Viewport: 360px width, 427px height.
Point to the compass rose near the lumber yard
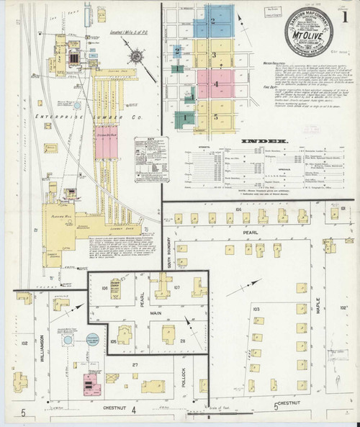pyautogui.click(x=138, y=55)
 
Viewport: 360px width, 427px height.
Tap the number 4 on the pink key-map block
pyautogui.click(x=215, y=84)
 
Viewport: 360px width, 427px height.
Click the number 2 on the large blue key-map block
pyautogui.click(x=213, y=22)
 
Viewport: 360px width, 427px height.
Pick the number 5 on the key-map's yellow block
pyautogui.click(x=215, y=116)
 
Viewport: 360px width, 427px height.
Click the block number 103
pyautogui.click(x=256, y=307)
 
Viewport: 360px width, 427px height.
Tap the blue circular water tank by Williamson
pyautogui.click(x=68, y=339)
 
